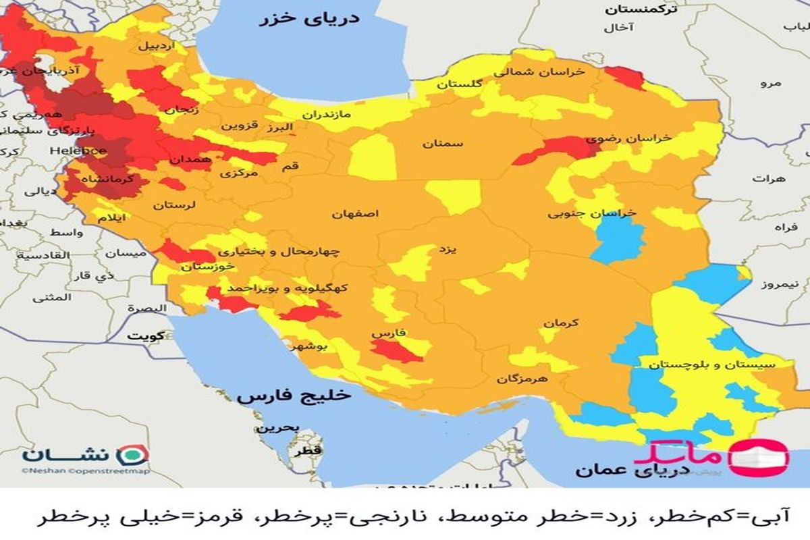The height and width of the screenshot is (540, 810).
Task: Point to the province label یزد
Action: point(448,250)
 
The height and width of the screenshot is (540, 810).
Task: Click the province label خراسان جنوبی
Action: point(591,213)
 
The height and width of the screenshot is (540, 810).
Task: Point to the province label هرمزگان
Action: point(522,379)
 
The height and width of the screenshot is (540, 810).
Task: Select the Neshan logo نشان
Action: point(84,454)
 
